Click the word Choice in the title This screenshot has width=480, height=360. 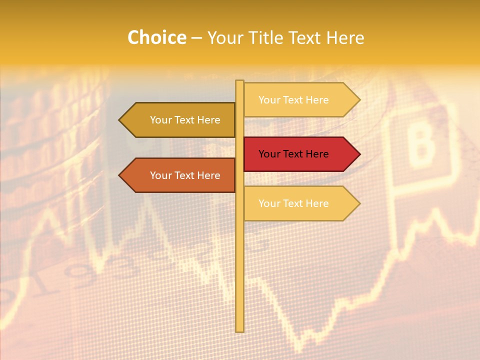[156, 37]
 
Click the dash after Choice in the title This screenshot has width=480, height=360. [196, 38]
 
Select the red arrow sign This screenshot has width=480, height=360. [300, 154]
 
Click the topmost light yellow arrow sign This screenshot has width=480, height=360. [300, 100]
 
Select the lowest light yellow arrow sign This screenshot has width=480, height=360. [300, 203]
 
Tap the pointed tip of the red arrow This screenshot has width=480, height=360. [359, 154]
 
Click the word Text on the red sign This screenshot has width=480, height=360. [293, 154]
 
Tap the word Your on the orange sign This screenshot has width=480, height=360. [161, 175]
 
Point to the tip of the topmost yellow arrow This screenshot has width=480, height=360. [359, 100]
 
